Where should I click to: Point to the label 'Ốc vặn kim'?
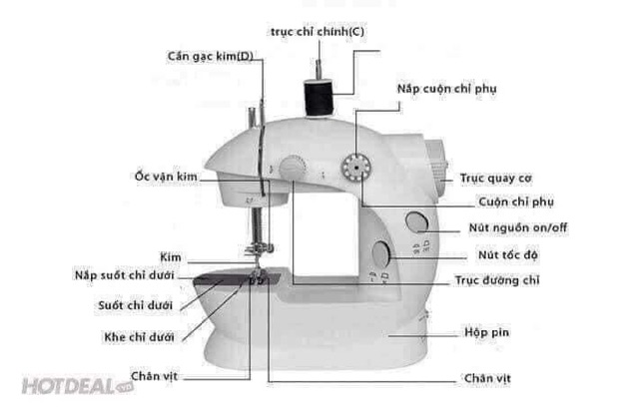tap(166, 177)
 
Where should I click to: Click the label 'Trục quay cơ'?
tap(495, 179)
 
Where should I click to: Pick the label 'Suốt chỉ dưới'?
tap(135, 305)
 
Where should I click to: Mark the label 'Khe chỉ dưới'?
tap(138, 337)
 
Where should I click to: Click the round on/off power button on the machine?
tap(416, 222)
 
